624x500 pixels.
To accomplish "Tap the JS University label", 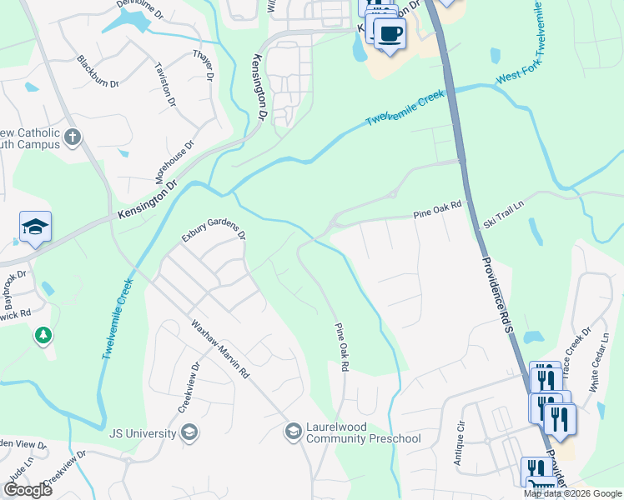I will click(x=143, y=432).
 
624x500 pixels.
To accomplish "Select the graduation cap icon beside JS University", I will click(x=189, y=432).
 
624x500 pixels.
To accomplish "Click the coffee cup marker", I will click(x=389, y=33).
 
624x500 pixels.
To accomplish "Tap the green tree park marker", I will click(x=43, y=336).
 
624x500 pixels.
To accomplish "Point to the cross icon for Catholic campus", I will click(x=73, y=136).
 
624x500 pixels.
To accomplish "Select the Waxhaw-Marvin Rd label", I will click(x=220, y=350).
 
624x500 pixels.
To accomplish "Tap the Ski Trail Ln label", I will click(x=504, y=214).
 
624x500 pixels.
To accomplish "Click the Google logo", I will click(x=27, y=490).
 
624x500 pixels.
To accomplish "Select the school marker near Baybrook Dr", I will click(x=35, y=227).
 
